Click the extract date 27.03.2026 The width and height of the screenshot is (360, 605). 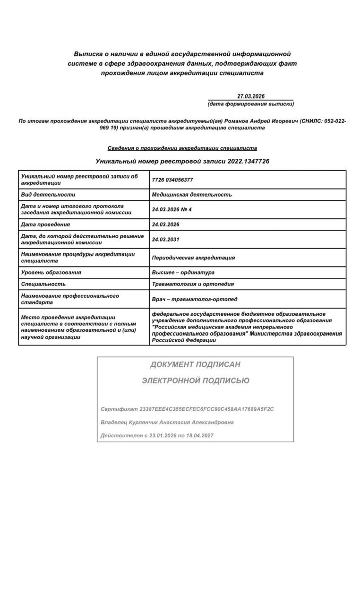click(x=251, y=96)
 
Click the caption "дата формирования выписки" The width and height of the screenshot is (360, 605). click(x=251, y=104)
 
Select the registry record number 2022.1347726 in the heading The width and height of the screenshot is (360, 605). click(x=248, y=161)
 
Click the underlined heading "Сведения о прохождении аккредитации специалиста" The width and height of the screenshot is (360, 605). click(x=182, y=148)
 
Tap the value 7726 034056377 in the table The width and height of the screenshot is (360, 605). click(x=172, y=180)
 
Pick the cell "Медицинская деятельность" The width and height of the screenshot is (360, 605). click(x=192, y=194)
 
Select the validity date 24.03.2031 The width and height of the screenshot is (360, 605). click(x=166, y=240)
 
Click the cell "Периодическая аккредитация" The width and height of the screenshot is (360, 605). click(x=193, y=258)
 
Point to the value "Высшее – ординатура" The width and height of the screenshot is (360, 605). click(x=183, y=272)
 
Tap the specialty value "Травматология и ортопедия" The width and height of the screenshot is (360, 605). click(x=193, y=284)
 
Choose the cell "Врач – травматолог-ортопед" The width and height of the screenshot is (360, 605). click(x=195, y=299)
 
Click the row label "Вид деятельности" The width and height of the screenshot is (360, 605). click(x=48, y=194)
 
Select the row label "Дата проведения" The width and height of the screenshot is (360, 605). click(x=45, y=225)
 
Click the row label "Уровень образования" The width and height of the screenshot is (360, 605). click(x=51, y=272)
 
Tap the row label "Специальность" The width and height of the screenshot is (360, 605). click(x=43, y=284)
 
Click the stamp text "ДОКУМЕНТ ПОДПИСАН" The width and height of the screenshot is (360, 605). click(x=195, y=364)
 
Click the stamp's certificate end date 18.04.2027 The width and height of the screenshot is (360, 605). click(x=201, y=435)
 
